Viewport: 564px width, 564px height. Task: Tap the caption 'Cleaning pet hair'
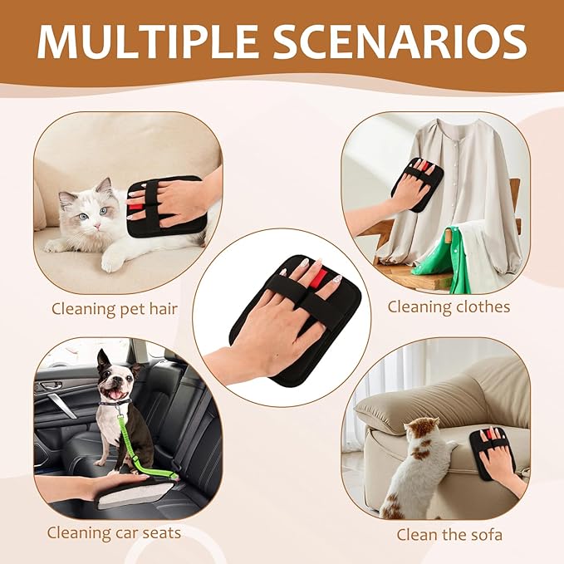click(x=115, y=308)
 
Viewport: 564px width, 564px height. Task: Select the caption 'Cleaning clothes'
click(x=449, y=307)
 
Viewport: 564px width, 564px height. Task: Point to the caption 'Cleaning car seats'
click(x=114, y=532)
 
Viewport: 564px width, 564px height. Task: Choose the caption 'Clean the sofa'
click(x=448, y=533)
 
